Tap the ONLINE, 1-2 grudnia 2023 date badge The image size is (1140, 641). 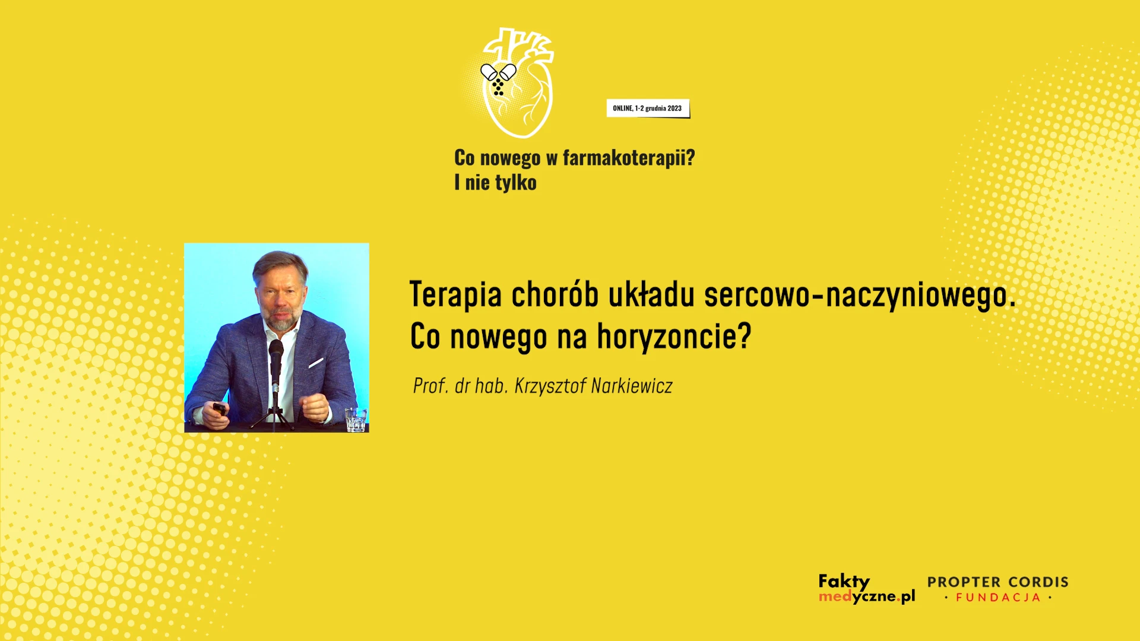coord(648,109)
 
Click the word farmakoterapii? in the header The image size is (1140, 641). coord(629,158)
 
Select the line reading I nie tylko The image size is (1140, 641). coord(495,183)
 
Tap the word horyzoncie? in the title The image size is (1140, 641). coord(674,337)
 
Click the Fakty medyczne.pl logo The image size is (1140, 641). coord(866,589)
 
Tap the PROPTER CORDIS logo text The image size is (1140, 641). coord(997,582)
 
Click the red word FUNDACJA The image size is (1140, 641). coord(998,598)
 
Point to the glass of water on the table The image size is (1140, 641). coord(356,419)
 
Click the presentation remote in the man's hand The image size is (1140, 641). coord(219,409)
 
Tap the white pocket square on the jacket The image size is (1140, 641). coord(316,363)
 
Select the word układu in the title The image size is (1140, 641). coord(651,295)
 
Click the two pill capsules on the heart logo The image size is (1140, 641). coord(498,72)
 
